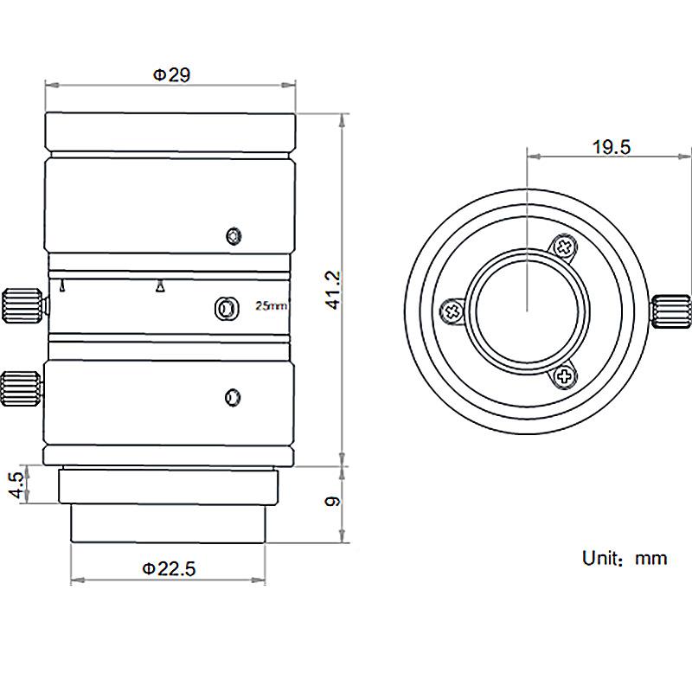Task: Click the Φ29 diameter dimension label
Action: (171, 75)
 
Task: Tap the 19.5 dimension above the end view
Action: (611, 147)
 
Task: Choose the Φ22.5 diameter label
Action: (169, 568)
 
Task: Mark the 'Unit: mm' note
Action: (625, 558)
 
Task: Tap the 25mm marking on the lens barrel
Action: (271, 305)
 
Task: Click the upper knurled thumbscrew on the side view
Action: (23, 304)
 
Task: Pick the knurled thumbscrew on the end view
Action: (671, 311)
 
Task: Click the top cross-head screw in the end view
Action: (564, 247)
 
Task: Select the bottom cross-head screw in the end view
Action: (564, 375)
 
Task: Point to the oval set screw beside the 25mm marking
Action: (225, 306)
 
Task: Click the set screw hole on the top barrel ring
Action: (232, 236)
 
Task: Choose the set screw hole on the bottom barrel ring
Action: (231, 397)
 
